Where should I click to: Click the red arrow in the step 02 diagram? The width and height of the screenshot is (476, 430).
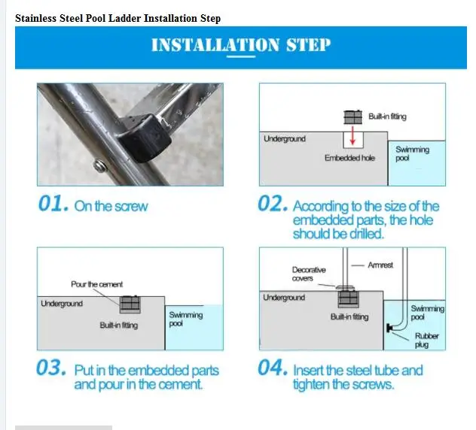click(x=352, y=135)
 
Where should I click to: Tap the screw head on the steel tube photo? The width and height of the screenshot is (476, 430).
click(x=100, y=166)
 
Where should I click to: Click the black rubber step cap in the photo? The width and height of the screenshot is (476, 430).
click(x=145, y=138)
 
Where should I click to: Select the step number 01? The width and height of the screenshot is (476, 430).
click(x=53, y=203)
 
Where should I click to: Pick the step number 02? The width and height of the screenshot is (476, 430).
click(x=273, y=203)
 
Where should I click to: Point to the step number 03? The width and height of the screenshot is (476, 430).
click(x=51, y=368)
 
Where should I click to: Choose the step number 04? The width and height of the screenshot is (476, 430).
click(x=273, y=368)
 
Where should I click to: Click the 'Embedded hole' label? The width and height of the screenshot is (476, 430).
click(x=349, y=158)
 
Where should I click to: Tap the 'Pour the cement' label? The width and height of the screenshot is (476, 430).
click(x=97, y=284)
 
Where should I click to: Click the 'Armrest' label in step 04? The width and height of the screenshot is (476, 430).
click(x=380, y=265)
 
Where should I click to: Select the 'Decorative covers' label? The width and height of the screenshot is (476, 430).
click(x=309, y=274)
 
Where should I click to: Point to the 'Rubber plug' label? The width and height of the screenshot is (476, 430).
click(x=426, y=341)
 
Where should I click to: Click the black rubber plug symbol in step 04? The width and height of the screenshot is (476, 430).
click(x=389, y=328)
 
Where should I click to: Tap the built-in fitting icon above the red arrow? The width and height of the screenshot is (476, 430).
click(x=352, y=117)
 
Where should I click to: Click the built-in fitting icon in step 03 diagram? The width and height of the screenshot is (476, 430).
click(x=130, y=304)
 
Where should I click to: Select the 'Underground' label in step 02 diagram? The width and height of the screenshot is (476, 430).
click(x=285, y=139)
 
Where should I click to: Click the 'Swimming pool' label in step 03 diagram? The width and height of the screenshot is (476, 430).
click(x=185, y=319)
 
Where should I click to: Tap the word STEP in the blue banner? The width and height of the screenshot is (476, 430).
click(x=308, y=45)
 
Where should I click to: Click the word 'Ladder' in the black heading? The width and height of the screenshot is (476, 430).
click(x=124, y=18)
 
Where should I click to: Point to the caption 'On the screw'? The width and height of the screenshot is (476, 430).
click(x=111, y=206)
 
